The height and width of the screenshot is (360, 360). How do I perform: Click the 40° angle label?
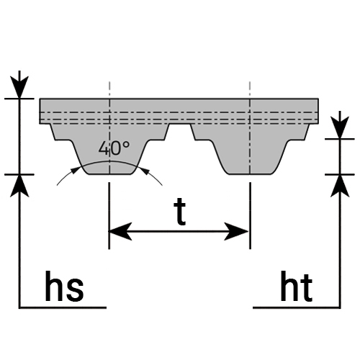(114, 148)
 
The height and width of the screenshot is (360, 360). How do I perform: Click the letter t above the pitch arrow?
(180, 212)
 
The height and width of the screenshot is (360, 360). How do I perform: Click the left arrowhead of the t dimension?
(120, 232)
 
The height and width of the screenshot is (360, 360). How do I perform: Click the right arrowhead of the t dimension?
(236, 232)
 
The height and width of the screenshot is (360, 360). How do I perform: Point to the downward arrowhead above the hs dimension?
(19, 87)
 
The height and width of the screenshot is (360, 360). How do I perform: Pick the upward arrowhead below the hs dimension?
(19, 186)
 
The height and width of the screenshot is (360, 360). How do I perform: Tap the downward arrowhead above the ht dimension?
(340, 127)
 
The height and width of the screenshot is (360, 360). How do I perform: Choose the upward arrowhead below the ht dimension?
(340, 186)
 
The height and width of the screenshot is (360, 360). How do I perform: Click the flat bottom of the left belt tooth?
(110, 174)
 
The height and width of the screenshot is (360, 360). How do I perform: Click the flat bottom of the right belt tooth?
(251, 174)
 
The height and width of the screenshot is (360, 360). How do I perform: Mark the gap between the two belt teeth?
(180, 132)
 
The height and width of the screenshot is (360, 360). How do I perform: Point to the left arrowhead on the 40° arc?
(76, 169)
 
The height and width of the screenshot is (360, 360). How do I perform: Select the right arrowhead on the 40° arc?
(145, 170)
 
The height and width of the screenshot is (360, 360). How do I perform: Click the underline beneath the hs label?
(63, 307)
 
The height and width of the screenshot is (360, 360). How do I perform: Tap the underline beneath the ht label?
(297, 307)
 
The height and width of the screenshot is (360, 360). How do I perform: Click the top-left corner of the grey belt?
(40, 99)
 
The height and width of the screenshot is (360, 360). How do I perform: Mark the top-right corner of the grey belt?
(318, 99)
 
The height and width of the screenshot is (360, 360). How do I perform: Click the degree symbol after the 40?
(127, 145)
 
